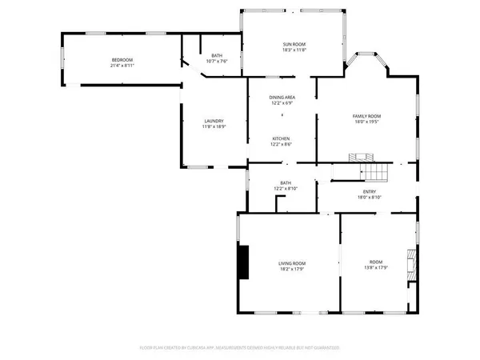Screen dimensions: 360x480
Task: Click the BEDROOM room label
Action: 122,61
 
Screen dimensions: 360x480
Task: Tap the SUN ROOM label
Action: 294,44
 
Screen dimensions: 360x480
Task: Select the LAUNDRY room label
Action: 213,121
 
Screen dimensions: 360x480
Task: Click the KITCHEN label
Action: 282,138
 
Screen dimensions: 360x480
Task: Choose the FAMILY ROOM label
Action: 367,116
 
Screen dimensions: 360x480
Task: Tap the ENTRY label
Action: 370,191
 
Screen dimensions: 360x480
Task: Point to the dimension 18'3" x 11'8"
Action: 294,50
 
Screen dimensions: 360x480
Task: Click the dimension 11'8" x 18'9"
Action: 213,127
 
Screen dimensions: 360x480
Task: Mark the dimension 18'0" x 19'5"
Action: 367,122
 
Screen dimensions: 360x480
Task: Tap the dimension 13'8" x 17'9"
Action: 376,269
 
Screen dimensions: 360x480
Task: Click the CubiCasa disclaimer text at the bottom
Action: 240,348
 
